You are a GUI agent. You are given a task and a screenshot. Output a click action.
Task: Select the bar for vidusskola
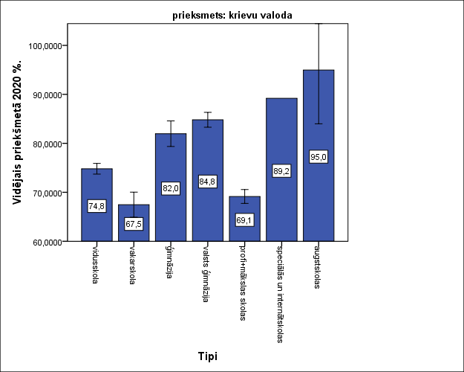click(97, 223)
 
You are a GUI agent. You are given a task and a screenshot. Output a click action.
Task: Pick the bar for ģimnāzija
click(171, 216)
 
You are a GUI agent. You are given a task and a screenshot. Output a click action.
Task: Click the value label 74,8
click(97, 206)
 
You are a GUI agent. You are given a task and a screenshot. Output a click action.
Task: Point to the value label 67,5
click(134, 224)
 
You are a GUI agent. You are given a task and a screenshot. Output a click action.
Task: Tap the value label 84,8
click(208, 182)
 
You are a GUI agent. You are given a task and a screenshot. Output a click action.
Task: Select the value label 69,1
click(244, 220)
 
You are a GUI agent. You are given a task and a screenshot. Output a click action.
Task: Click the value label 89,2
click(281, 171)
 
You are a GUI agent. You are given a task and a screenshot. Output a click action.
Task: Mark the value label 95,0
click(318, 156)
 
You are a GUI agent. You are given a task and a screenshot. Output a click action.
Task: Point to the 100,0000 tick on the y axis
click(48, 45)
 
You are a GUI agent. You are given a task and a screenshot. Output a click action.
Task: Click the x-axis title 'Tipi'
click(207, 356)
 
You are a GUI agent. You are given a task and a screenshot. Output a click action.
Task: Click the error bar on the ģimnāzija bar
click(171, 133)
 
